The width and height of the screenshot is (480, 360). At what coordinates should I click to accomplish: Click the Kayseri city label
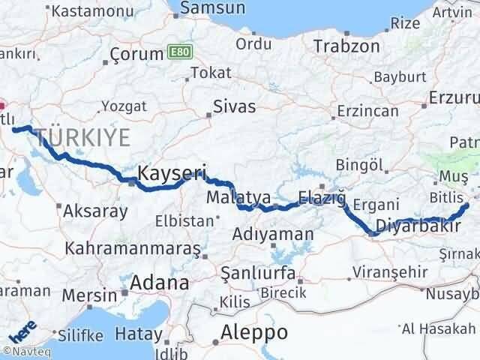tap(172, 173)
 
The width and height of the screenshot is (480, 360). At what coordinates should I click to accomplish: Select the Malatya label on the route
tap(239, 199)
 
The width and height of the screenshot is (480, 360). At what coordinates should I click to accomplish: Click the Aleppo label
tap(254, 332)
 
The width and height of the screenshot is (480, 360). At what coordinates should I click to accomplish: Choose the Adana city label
tap(159, 283)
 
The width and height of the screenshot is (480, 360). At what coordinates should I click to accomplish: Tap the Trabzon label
tap(347, 46)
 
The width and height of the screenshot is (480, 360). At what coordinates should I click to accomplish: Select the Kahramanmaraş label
tap(133, 247)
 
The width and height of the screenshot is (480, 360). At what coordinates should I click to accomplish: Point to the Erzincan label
tap(367, 111)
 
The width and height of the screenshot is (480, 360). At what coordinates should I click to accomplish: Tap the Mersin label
tap(85, 294)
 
